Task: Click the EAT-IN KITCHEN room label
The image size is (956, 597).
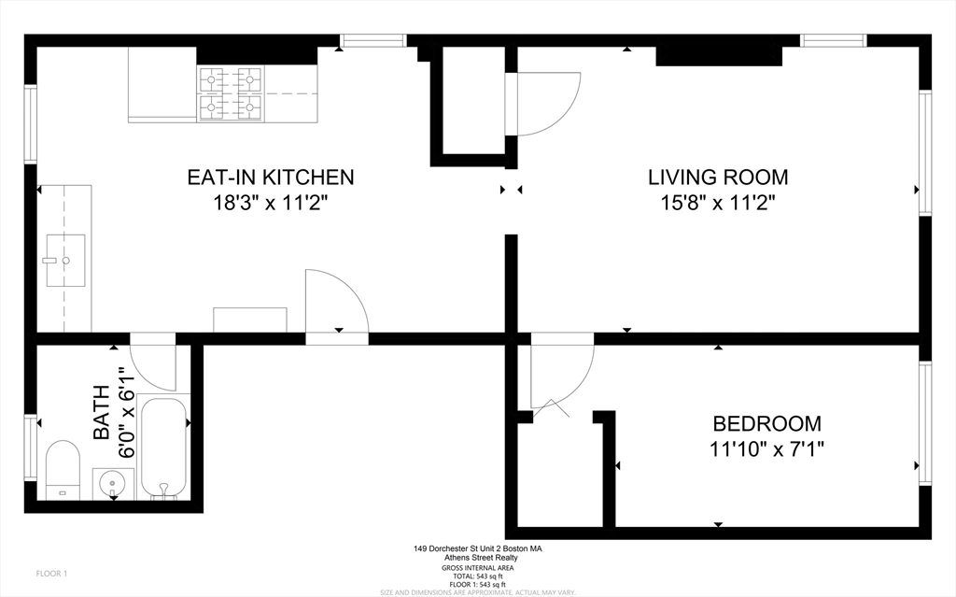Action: [271, 177]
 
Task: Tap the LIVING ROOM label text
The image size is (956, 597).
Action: [718, 177]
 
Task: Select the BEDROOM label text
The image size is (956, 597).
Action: [766, 423]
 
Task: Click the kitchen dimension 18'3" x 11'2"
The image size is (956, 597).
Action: [271, 203]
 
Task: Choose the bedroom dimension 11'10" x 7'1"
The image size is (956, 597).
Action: [766, 448]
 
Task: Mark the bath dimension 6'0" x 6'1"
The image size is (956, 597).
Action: [126, 411]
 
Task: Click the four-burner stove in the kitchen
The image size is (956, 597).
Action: [230, 93]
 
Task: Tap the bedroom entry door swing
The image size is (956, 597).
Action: [560, 374]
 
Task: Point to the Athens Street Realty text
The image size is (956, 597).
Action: [477, 558]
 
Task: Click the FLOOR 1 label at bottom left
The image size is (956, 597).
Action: [50, 573]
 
